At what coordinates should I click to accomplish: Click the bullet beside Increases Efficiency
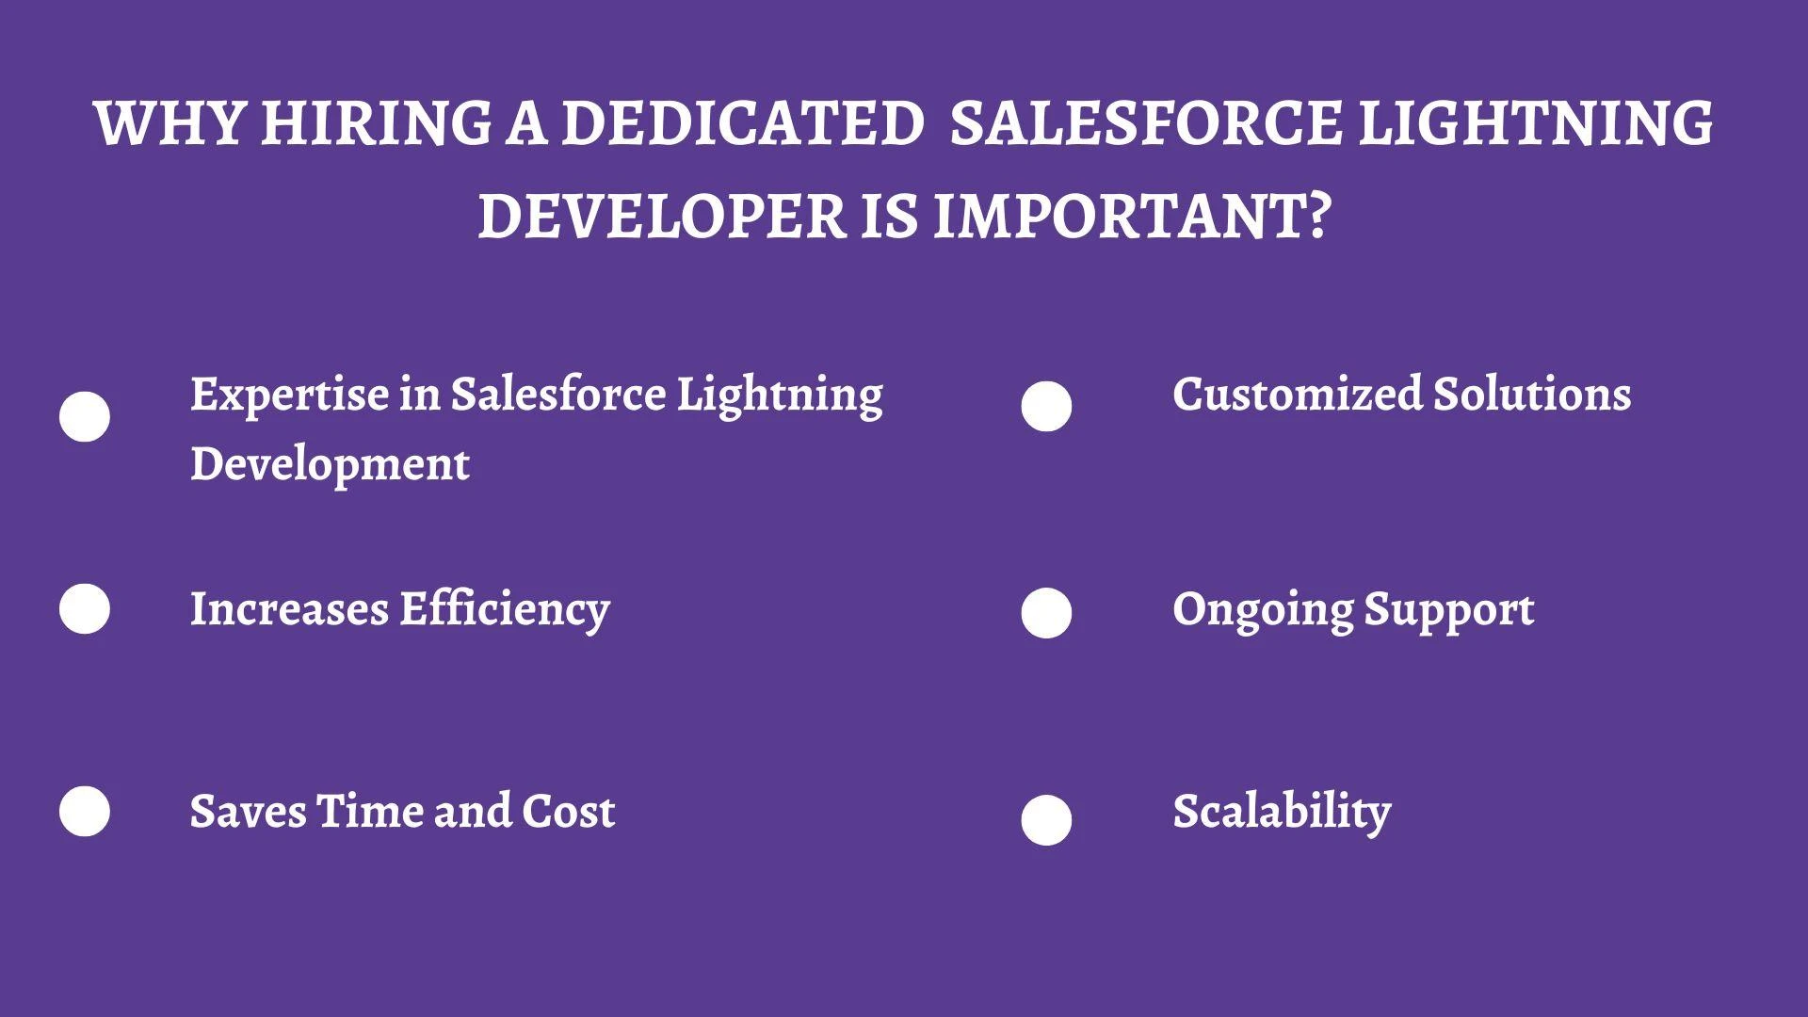[x=85, y=608]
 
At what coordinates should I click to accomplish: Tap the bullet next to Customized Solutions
[x=1046, y=407]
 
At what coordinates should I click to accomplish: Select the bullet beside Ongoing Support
[x=1046, y=613]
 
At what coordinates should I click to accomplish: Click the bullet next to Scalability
[x=1046, y=820]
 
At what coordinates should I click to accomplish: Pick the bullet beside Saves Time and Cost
[x=85, y=811]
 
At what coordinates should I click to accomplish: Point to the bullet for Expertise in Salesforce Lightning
[x=85, y=416]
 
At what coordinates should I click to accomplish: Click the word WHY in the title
[x=170, y=123]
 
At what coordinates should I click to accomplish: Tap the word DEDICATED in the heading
[x=742, y=123]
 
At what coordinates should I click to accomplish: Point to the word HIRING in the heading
[x=376, y=123]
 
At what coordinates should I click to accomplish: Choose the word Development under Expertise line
[x=330, y=464]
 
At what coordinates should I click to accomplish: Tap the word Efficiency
[x=505, y=609]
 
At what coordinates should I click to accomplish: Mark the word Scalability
[x=1282, y=812]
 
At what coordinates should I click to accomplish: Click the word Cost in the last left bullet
[x=568, y=812]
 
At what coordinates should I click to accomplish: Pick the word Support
[x=1449, y=610]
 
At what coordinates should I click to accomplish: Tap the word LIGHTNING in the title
[x=1535, y=123]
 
